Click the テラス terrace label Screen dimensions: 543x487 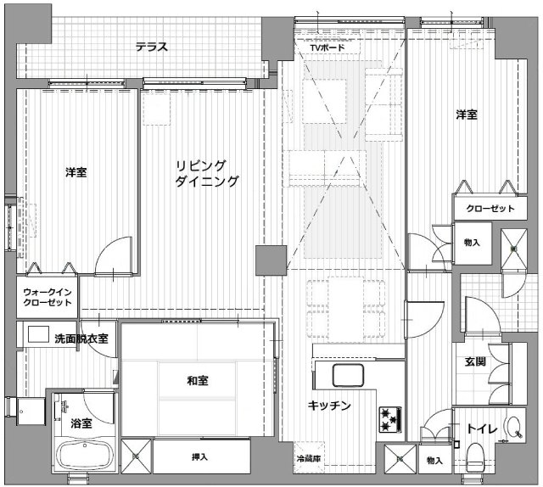coord(152,47)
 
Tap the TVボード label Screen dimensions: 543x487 coord(327,48)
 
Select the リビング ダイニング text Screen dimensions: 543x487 coord(207,173)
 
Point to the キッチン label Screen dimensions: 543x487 coord(329,406)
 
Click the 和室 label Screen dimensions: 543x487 coord(198,381)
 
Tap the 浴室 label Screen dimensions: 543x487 coord(81,423)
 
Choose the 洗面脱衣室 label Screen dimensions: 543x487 coord(81,339)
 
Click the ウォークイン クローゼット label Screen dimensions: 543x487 coord(48,297)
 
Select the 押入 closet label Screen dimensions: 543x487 coord(200,457)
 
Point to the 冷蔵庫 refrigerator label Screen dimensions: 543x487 coord(309,459)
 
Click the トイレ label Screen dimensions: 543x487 coord(482,428)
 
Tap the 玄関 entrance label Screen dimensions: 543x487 coord(475,362)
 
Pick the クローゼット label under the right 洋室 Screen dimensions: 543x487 coord(490,209)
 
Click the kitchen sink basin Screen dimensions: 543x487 coord(348,375)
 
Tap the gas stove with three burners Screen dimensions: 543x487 coord(390,419)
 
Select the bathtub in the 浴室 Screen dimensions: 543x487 coord(85,456)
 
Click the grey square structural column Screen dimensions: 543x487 coord(271,260)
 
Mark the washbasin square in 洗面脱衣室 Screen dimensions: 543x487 coord(38,334)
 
